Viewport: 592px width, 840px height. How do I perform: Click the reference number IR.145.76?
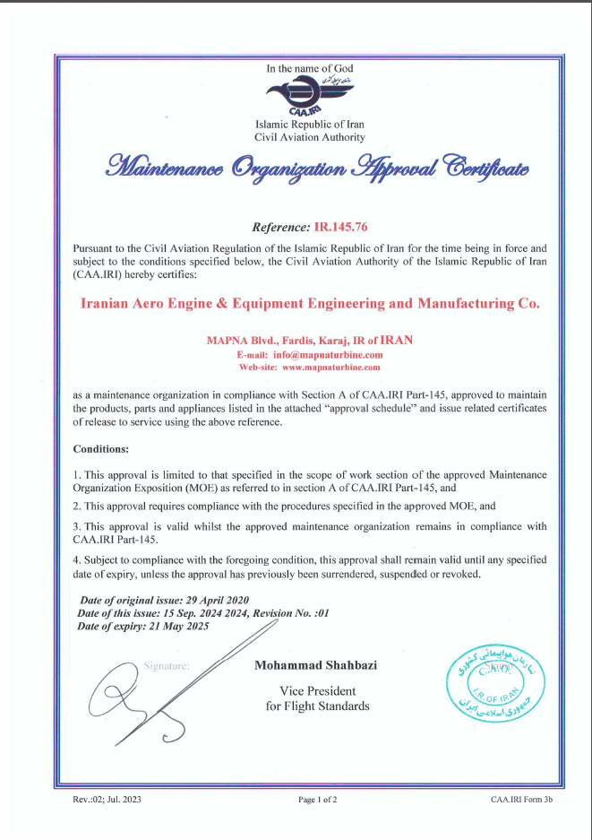pyautogui.click(x=334, y=228)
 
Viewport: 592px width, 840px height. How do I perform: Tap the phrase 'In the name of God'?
pyautogui.click(x=310, y=68)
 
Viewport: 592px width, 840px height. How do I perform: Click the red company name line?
pyautogui.click(x=310, y=303)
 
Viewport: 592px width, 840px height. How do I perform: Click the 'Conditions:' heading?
pyautogui.click(x=100, y=448)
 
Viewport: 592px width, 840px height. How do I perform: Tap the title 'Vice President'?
pyautogui.click(x=317, y=691)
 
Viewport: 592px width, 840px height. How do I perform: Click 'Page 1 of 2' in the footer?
pyautogui.click(x=317, y=800)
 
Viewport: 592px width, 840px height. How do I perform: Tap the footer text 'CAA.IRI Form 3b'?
pyautogui.click(x=521, y=800)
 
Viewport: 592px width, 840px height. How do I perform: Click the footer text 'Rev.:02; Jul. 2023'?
pyautogui.click(x=107, y=800)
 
